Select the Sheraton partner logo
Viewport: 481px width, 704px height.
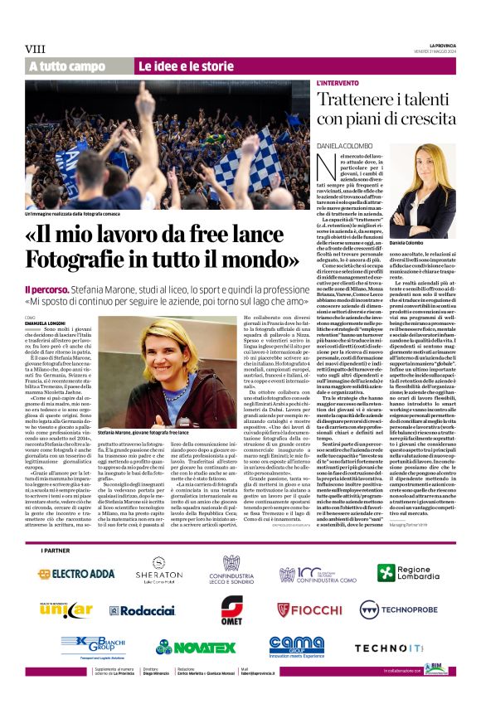pos(158,571)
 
